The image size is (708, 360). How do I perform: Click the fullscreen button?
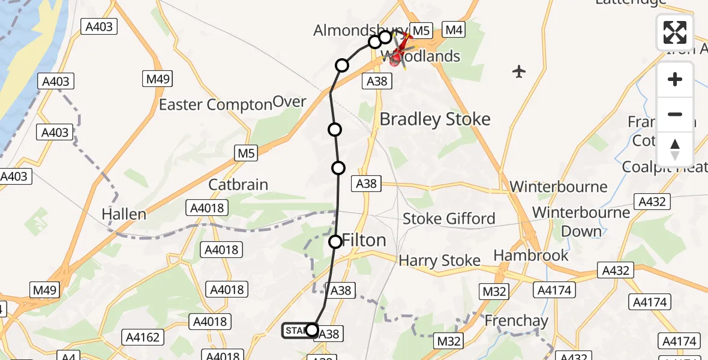(675, 32)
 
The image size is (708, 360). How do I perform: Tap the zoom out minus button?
(675, 114)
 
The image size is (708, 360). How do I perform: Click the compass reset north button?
(675, 149)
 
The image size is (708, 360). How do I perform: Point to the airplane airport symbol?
(519, 72)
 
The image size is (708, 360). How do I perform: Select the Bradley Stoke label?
(435, 119)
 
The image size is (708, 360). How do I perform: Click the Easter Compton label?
(215, 104)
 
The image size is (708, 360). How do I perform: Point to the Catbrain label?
(238, 184)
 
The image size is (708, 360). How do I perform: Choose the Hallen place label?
(124, 214)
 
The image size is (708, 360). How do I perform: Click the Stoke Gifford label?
(449, 218)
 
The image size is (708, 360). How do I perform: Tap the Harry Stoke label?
(440, 260)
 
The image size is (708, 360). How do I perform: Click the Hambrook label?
(531, 256)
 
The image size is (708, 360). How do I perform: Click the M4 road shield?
(454, 29)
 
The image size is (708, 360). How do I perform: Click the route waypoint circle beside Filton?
(335, 242)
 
